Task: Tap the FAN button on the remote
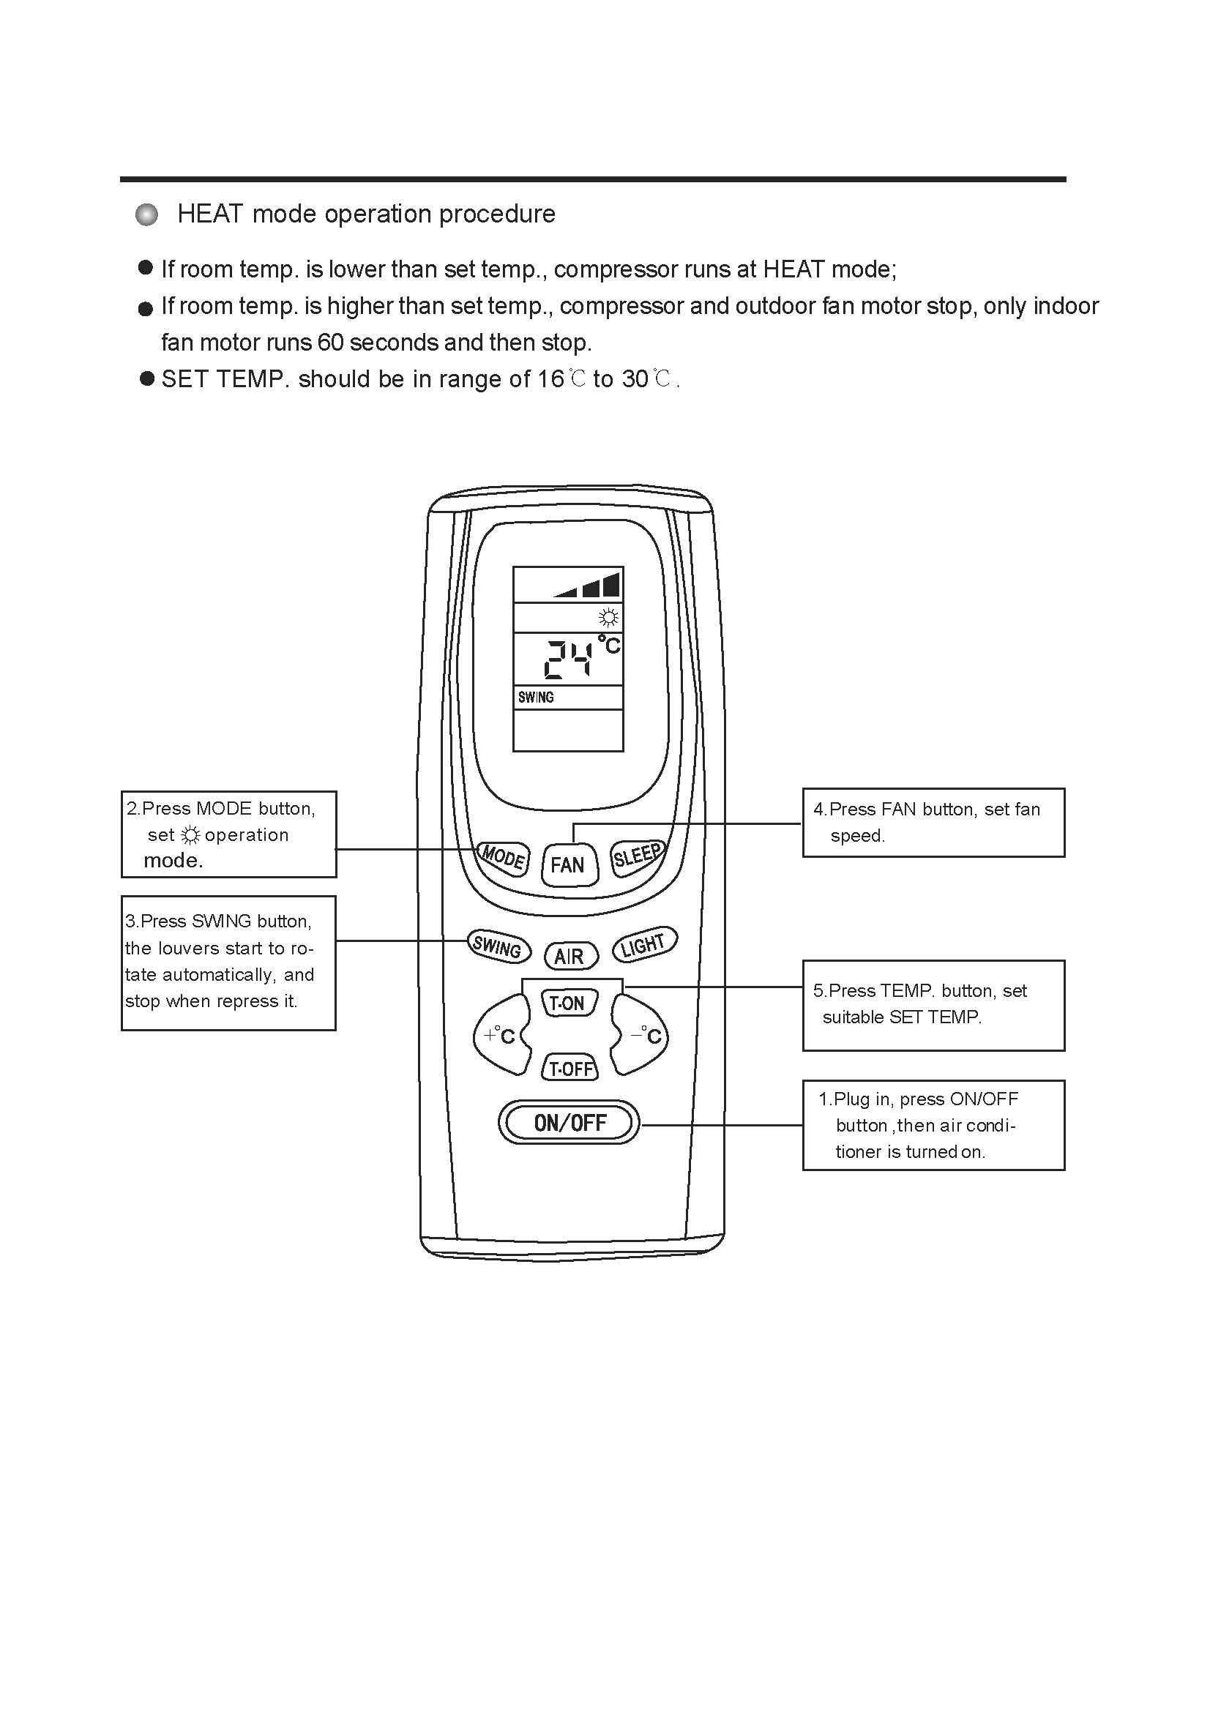point(569,865)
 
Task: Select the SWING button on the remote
point(498,946)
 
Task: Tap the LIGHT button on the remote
point(644,945)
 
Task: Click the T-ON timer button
point(568,1003)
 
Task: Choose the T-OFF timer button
point(569,1069)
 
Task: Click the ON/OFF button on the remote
point(569,1122)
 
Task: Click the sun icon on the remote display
point(608,618)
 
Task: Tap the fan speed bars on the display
point(589,586)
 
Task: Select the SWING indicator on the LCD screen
point(536,698)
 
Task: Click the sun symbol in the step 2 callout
point(191,835)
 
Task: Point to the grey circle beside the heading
point(147,214)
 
